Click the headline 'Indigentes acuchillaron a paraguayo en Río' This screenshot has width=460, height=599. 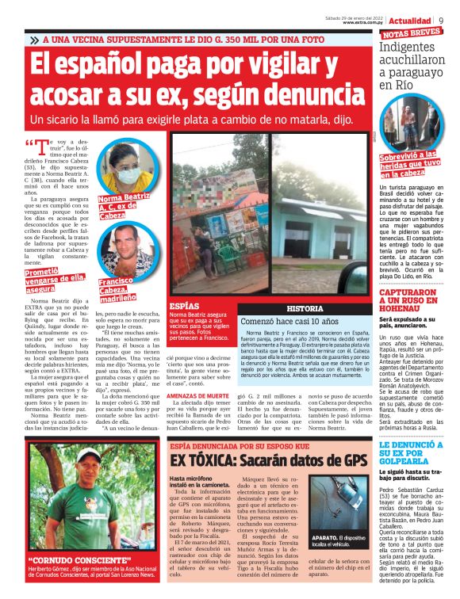point(413,67)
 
